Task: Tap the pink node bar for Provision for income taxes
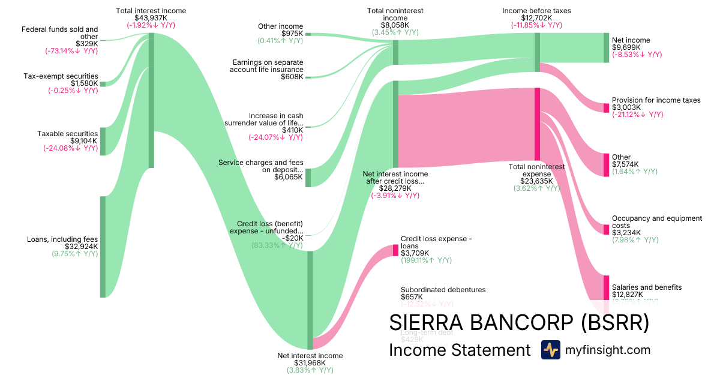click(x=606, y=108)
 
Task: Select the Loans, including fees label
click(x=62, y=239)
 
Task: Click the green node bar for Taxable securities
click(x=103, y=141)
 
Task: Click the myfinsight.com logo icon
click(x=550, y=350)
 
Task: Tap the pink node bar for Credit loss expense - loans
click(x=395, y=250)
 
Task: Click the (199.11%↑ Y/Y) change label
click(x=426, y=260)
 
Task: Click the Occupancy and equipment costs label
click(x=656, y=222)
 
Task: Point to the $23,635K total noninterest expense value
click(x=536, y=181)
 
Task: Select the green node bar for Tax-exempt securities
click(x=103, y=84)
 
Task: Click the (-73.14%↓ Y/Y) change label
click(x=71, y=51)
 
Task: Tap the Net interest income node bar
click(x=310, y=300)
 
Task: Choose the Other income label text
click(x=281, y=26)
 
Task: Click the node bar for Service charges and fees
click(x=308, y=178)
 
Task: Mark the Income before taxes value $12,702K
click(x=537, y=18)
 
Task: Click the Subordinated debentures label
click(x=443, y=290)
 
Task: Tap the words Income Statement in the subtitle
click(x=460, y=350)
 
